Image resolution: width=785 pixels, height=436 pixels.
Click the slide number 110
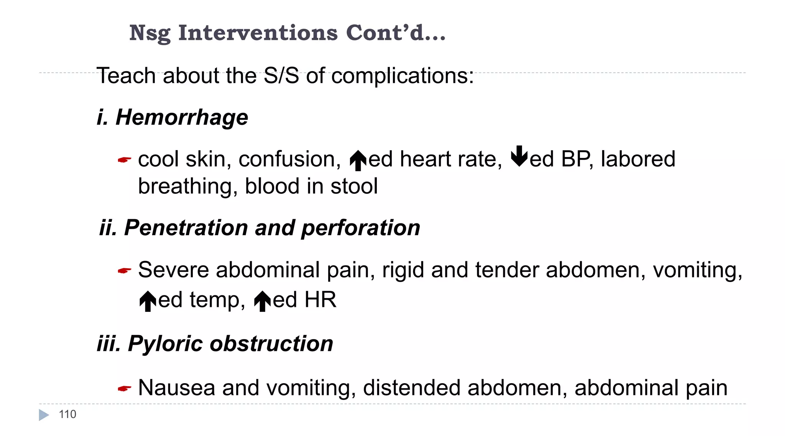[67, 414]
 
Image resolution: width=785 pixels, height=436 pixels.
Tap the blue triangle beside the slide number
[44, 415]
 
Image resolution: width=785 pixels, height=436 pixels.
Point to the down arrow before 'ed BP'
[519, 156]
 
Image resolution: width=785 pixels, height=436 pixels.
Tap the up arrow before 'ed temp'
[148, 301]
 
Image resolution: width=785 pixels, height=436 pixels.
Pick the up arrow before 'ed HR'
[263, 301]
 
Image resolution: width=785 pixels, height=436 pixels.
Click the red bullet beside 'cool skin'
[124, 160]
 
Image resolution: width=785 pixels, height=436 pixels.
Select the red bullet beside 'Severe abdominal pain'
[124, 271]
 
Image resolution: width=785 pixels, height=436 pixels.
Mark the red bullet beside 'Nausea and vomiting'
[124, 389]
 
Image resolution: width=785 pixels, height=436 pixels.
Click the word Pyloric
[165, 344]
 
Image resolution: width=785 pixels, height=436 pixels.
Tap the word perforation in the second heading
[361, 228]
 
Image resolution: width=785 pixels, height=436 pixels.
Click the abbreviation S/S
[281, 75]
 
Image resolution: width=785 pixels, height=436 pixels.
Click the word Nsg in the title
[150, 33]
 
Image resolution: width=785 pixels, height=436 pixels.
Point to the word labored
[638, 159]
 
